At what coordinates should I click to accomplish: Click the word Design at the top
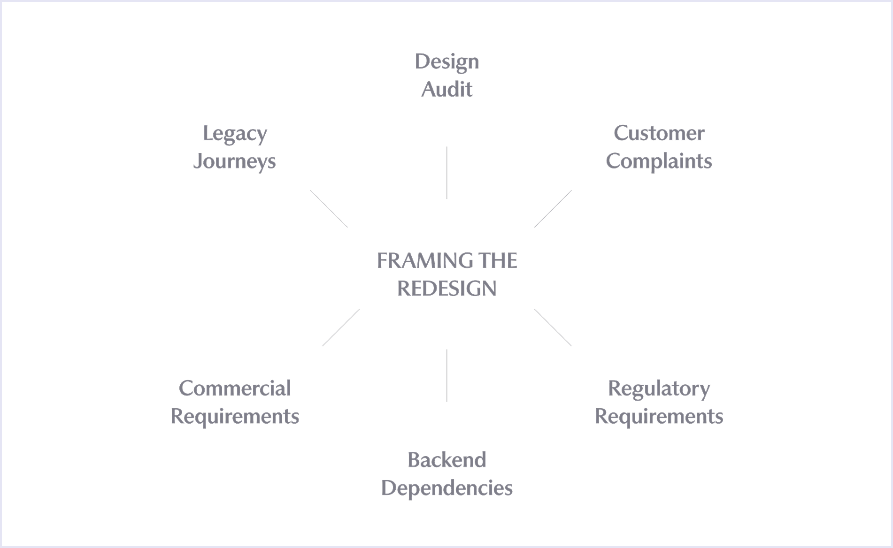coord(446,62)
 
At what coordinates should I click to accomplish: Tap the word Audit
coord(446,89)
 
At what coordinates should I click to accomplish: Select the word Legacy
coord(235,134)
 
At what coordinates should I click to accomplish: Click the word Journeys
coord(234,161)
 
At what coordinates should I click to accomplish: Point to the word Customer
coord(659,133)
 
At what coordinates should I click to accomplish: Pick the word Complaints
coord(659,161)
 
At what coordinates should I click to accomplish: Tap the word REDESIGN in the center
coord(446,289)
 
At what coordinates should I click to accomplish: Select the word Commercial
coord(235,388)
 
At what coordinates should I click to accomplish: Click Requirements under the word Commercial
coord(235,417)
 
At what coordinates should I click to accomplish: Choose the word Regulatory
coord(659,389)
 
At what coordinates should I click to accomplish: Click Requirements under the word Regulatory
coord(659,417)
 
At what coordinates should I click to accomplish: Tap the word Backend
coord(446,460)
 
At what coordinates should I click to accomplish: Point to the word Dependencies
coord(446,488)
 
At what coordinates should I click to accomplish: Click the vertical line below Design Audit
coord(446,173)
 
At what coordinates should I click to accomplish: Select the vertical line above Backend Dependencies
coord(446,375)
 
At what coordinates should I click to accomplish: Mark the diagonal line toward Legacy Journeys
coord(329,209)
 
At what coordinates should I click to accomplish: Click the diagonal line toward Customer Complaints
coord(553,209)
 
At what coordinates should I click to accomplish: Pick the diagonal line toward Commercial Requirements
coord(341,327)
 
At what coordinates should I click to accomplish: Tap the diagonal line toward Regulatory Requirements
coord(553,327)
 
